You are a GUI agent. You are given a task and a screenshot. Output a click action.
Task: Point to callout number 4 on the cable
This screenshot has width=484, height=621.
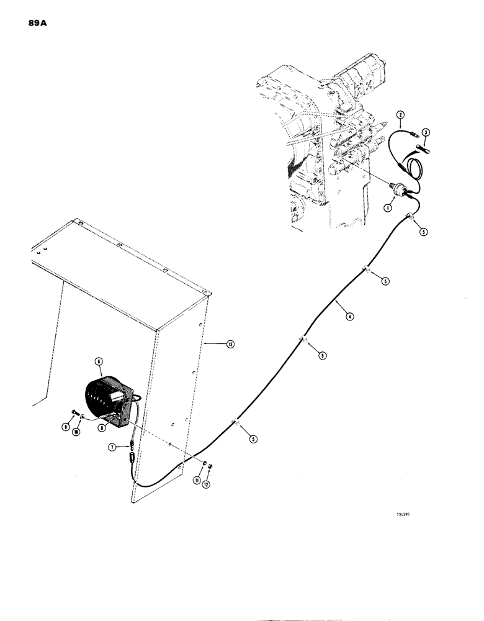[x=351, y=317]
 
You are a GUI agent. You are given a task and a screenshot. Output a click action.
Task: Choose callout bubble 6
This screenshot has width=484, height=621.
[x=98, y=361]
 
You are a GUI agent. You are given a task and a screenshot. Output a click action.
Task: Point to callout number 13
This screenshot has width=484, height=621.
[x=214, y=343]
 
